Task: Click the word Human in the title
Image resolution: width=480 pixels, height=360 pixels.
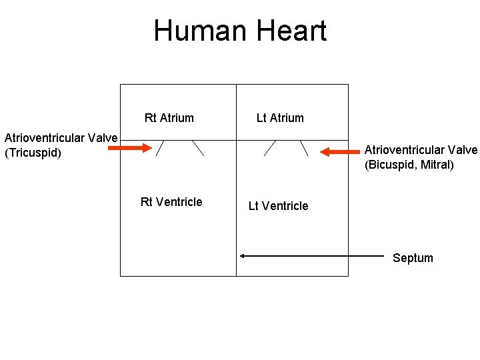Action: coord(195,31)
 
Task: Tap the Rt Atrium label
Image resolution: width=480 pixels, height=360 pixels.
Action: coord(169,118)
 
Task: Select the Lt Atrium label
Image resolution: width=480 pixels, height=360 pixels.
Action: coord(280,118)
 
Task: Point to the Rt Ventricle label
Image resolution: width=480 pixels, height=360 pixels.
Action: coord(171,202)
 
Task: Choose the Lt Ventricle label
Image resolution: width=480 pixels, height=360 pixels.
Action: coord(278,206)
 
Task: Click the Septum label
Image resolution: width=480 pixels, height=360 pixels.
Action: coord(413,258)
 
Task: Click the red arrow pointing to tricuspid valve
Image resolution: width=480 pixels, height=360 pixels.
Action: coord(130,148)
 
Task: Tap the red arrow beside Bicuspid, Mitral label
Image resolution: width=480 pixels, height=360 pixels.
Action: coord(339,152)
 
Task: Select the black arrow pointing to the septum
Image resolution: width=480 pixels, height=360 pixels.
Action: coord(313,255)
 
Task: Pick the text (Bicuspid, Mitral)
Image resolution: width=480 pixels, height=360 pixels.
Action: coord(409,164)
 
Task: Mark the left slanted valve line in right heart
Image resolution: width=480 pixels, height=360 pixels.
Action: coord(161,147)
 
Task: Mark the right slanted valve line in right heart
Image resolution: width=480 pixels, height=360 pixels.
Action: coord(198,147)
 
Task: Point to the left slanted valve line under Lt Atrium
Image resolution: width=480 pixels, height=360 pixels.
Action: coord(270,147)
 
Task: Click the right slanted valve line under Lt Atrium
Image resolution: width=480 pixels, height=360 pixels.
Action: coord(304,147)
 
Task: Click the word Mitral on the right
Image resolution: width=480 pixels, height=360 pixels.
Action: coord(436,164)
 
